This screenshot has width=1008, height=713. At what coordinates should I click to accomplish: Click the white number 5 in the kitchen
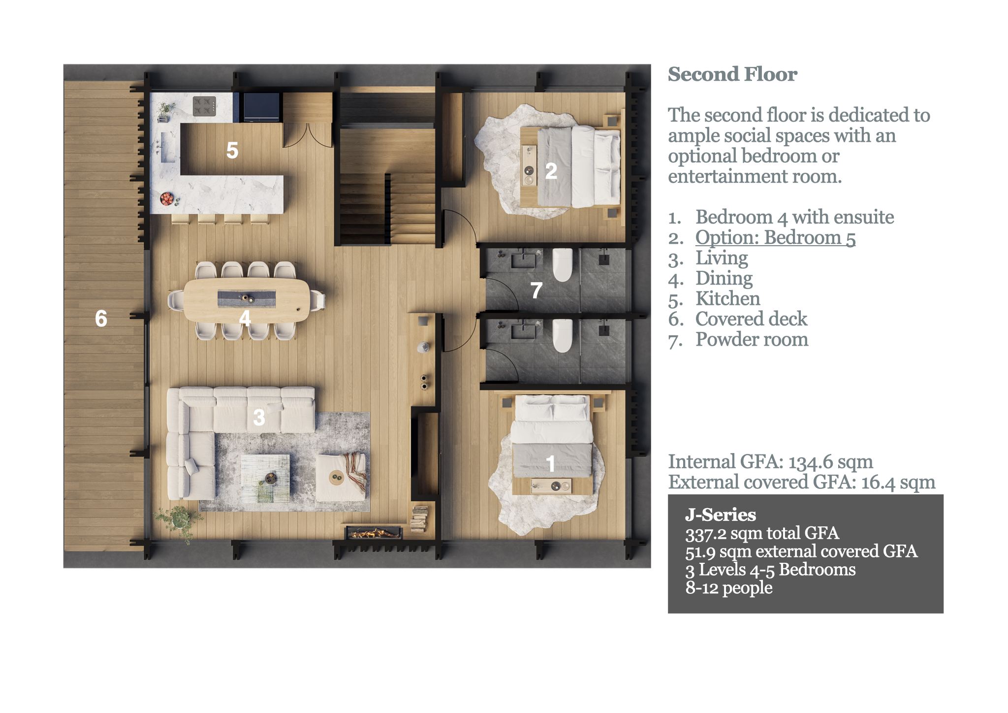[232, 150]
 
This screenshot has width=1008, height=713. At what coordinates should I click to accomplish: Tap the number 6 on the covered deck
[101, 319]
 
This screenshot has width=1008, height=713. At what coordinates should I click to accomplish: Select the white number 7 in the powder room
[536, 291]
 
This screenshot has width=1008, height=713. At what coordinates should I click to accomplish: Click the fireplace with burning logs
[374, 533]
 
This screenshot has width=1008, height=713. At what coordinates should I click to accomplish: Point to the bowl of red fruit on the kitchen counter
[167, 198]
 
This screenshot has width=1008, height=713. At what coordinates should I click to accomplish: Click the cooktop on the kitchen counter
[204, 106]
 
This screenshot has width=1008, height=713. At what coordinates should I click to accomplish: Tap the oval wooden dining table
[246, 300]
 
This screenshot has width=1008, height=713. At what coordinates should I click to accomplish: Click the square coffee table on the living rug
[265, 478]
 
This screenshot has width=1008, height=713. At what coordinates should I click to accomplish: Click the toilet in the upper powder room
[562, 264]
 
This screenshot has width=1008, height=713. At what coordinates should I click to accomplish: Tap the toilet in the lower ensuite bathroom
[562, 335]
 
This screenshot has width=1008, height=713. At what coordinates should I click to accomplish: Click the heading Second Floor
[732, 74]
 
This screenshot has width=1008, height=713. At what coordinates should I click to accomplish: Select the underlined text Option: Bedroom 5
[775, 238]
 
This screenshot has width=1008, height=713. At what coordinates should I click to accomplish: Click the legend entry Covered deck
[751, 319]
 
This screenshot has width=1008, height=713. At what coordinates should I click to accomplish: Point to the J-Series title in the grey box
[721, 515]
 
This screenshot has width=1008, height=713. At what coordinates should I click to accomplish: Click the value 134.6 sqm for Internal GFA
[831, 462]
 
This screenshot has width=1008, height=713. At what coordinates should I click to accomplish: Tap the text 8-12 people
[729, 588]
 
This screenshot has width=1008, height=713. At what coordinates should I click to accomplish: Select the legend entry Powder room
[752, 340]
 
